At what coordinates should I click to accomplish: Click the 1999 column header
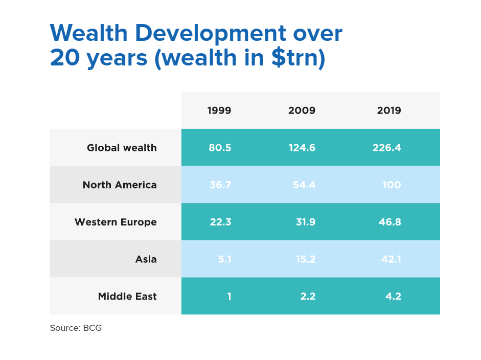point(219,110)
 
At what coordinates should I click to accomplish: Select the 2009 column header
point(302,110)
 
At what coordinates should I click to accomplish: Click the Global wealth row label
point(122,148)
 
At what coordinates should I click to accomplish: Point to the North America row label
point(120,185)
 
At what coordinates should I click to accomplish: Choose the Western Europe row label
point(116,222)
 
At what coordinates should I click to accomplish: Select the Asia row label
point(146,259)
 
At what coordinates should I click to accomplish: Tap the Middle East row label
point(127,297)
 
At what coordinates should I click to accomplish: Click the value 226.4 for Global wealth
point(387,148)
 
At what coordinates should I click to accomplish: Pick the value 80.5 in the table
point(220,148)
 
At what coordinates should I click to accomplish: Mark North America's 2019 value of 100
point(392,185)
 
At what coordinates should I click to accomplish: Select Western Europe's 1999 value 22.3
point(220,222)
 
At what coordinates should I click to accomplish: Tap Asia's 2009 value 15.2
point(305,259)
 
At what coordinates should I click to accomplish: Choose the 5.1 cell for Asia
point(224,259)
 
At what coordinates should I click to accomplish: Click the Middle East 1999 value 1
point(229,297)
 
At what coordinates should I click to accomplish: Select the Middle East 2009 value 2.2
point(308,297)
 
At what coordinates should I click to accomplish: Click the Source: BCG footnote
point(76,328)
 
